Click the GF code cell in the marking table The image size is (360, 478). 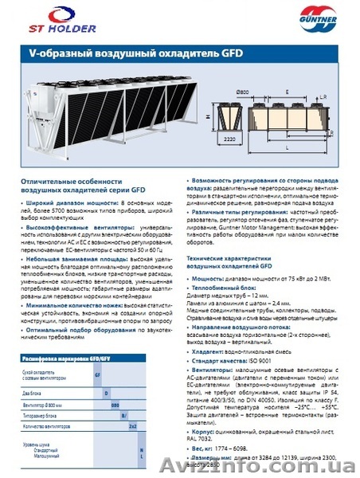point(97,373)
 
